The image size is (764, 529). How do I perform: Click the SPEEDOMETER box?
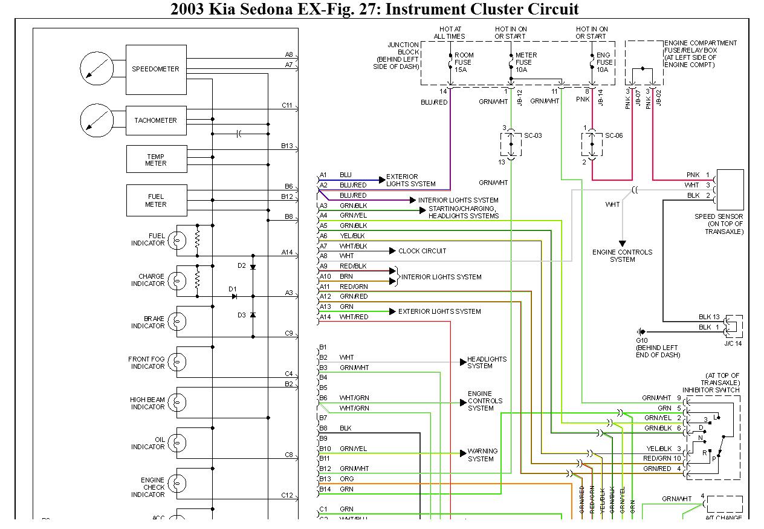[155, 70]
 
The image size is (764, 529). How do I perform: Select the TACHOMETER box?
[155, 120]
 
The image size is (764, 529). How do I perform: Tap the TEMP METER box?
[155, 160]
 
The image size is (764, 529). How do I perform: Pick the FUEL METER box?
[155, 201]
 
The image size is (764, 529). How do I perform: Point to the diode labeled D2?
[253, 266]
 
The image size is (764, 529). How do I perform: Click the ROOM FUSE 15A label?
[464, 62]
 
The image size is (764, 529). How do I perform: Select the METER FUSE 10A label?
[523, 62]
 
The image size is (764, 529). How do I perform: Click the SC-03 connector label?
[533, 135]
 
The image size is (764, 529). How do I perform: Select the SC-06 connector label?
[613, 135]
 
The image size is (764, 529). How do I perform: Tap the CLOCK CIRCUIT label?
[422, 251]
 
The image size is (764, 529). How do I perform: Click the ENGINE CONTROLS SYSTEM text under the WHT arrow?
[622, 256]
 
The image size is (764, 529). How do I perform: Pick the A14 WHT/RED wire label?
[354, 317]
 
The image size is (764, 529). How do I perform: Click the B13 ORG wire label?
[346, 479]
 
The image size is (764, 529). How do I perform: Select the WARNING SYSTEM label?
[482, 455]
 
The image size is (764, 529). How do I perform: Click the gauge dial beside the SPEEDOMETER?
[96, 68]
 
